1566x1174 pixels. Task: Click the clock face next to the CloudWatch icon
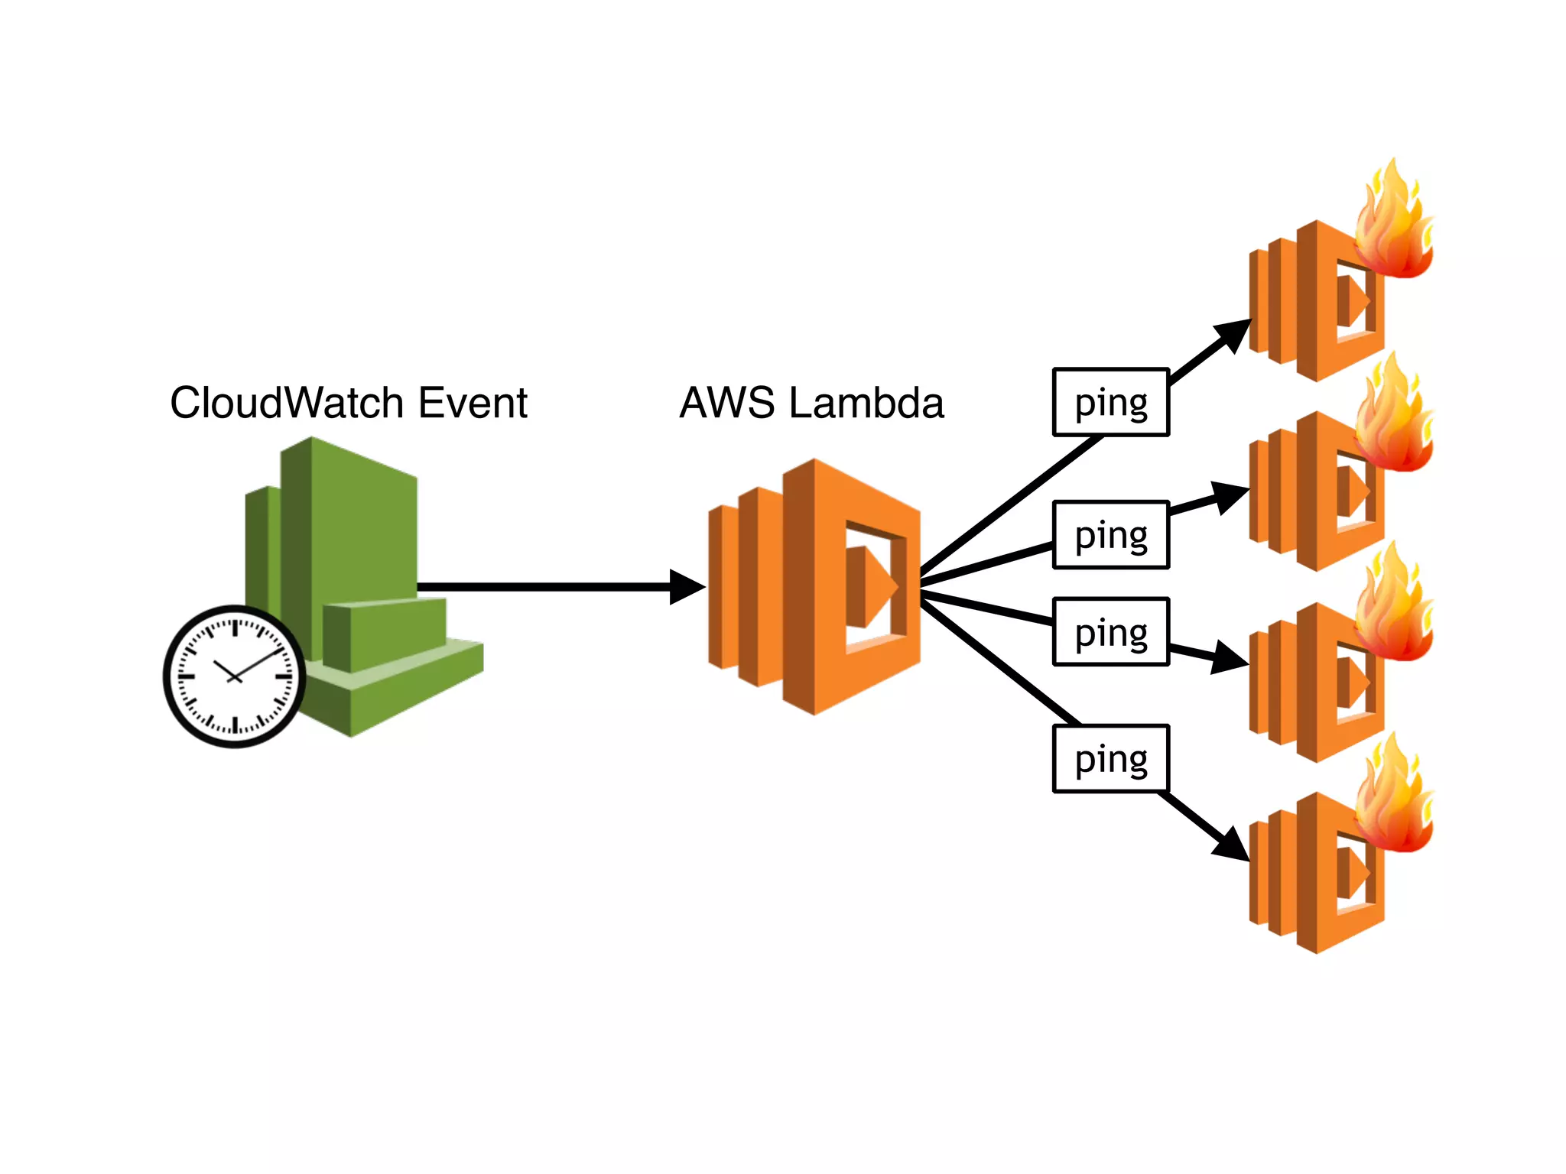pyautogui.click(x=235, y=676)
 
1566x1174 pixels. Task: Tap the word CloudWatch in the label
pyautogui.click(x=287, y=403)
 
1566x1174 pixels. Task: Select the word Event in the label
pyautogui.click(x=473, y=403)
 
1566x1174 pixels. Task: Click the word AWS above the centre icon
pyautogui.click(x=726, y=403)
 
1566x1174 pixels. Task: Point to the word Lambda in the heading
pyautogui.click(x=866, y=403)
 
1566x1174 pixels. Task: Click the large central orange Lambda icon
pyautogui.click(x=815, y=587)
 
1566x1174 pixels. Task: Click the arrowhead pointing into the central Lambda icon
pyautogui.click(x=686, y=587)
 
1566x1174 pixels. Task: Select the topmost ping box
pyautogui.click(x=1111, y=403)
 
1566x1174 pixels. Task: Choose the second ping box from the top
pyautogui.click(x=1111, y=535)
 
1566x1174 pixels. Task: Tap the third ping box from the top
pyautogui.click(x=1111, y=632)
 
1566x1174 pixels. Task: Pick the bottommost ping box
pyautogui.click(x=1111, y=759)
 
